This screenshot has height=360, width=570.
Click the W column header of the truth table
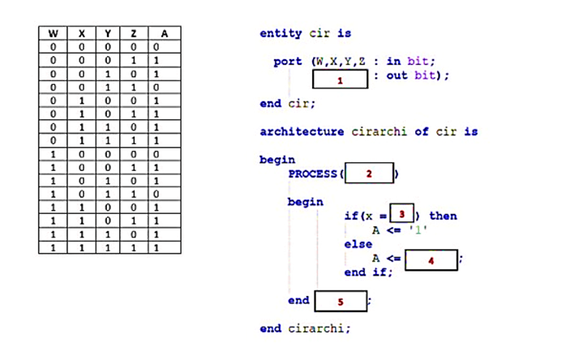[x=53, y=33]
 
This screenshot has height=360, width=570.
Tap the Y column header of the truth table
[x=107, y=33]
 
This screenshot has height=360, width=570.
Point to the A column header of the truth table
[x=165, y=33]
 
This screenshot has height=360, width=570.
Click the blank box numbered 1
[x=341, y=80]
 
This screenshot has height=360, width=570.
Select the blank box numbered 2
[x=369, y=174]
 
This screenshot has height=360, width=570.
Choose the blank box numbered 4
[x=431, y=259]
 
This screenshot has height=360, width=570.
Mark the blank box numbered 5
[x=341, y=302]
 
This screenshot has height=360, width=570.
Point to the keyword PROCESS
[x=313, y=174]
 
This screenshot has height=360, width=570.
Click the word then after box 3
[x=443, y=216]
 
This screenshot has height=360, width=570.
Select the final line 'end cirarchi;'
[x=305, y=328]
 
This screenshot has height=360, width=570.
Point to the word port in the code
[x=288, y=61]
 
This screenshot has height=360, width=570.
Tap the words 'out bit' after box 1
[x=410, y=75]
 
